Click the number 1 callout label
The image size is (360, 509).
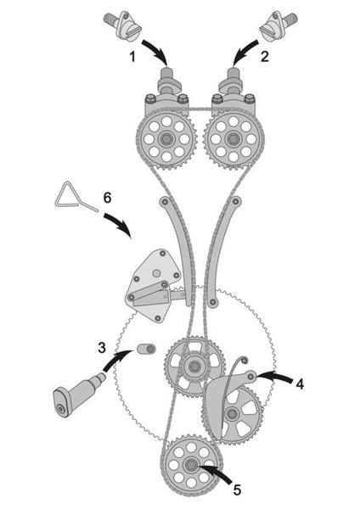[x=132, y=57]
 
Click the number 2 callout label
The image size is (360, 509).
[x=265, y=57]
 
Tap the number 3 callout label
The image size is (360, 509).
[x=102, y=348]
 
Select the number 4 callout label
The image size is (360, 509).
[x=300, y=384]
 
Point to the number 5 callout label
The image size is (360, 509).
[x=237, y=490]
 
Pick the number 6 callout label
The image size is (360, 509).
[x=107, y=198]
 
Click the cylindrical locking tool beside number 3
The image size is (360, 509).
[x=79, y=394]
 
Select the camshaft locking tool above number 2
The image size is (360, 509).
[x=278, y=25]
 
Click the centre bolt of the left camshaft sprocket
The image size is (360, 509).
[x=166, y=139]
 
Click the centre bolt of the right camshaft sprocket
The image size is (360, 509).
[x=233, y=139]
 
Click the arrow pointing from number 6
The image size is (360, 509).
[x=120, y=225]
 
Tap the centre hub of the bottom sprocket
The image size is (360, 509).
[x=189, y=465]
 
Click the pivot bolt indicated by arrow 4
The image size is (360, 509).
[x=250, y=376]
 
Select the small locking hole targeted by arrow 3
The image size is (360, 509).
[x=150, y=349]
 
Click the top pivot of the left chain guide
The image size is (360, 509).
[x=165, y=202]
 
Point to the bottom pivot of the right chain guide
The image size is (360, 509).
[x=213, y=303]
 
